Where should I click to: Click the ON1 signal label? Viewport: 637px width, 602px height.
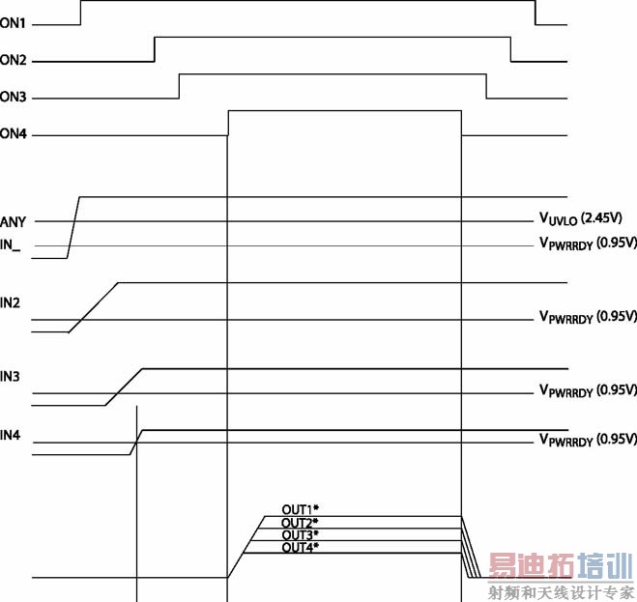[13, 23]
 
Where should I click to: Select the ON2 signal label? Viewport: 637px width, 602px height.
[13, 60]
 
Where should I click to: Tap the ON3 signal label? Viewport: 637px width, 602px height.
[13, 97]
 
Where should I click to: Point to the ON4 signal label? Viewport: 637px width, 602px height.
[14, 133]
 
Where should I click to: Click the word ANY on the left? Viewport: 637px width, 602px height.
[13, 222]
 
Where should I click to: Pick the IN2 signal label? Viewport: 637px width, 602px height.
[10, 303]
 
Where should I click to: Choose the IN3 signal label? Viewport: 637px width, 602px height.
[10, 377]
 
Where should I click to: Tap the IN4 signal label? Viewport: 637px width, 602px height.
[11, 436]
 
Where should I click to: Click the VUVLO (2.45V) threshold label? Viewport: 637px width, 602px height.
[581, 218]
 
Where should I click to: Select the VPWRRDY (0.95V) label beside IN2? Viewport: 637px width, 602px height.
[588, 317]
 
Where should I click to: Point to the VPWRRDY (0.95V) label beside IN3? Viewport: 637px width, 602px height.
[588, 390]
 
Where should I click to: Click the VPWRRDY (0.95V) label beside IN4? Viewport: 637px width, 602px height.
[588, 440]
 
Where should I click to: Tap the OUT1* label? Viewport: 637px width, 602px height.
[301, 509]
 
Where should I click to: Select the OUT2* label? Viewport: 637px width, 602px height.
[301, 523]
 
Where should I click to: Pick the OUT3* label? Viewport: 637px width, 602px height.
[301, 534]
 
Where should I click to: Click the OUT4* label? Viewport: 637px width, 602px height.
[301, 547]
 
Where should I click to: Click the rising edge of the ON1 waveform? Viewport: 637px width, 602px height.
[80, 13]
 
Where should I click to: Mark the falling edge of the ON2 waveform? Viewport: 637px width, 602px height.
[510, 49]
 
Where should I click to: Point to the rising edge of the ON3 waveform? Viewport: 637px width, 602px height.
[179, 86]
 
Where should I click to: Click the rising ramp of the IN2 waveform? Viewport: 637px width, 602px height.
[94, 307]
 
